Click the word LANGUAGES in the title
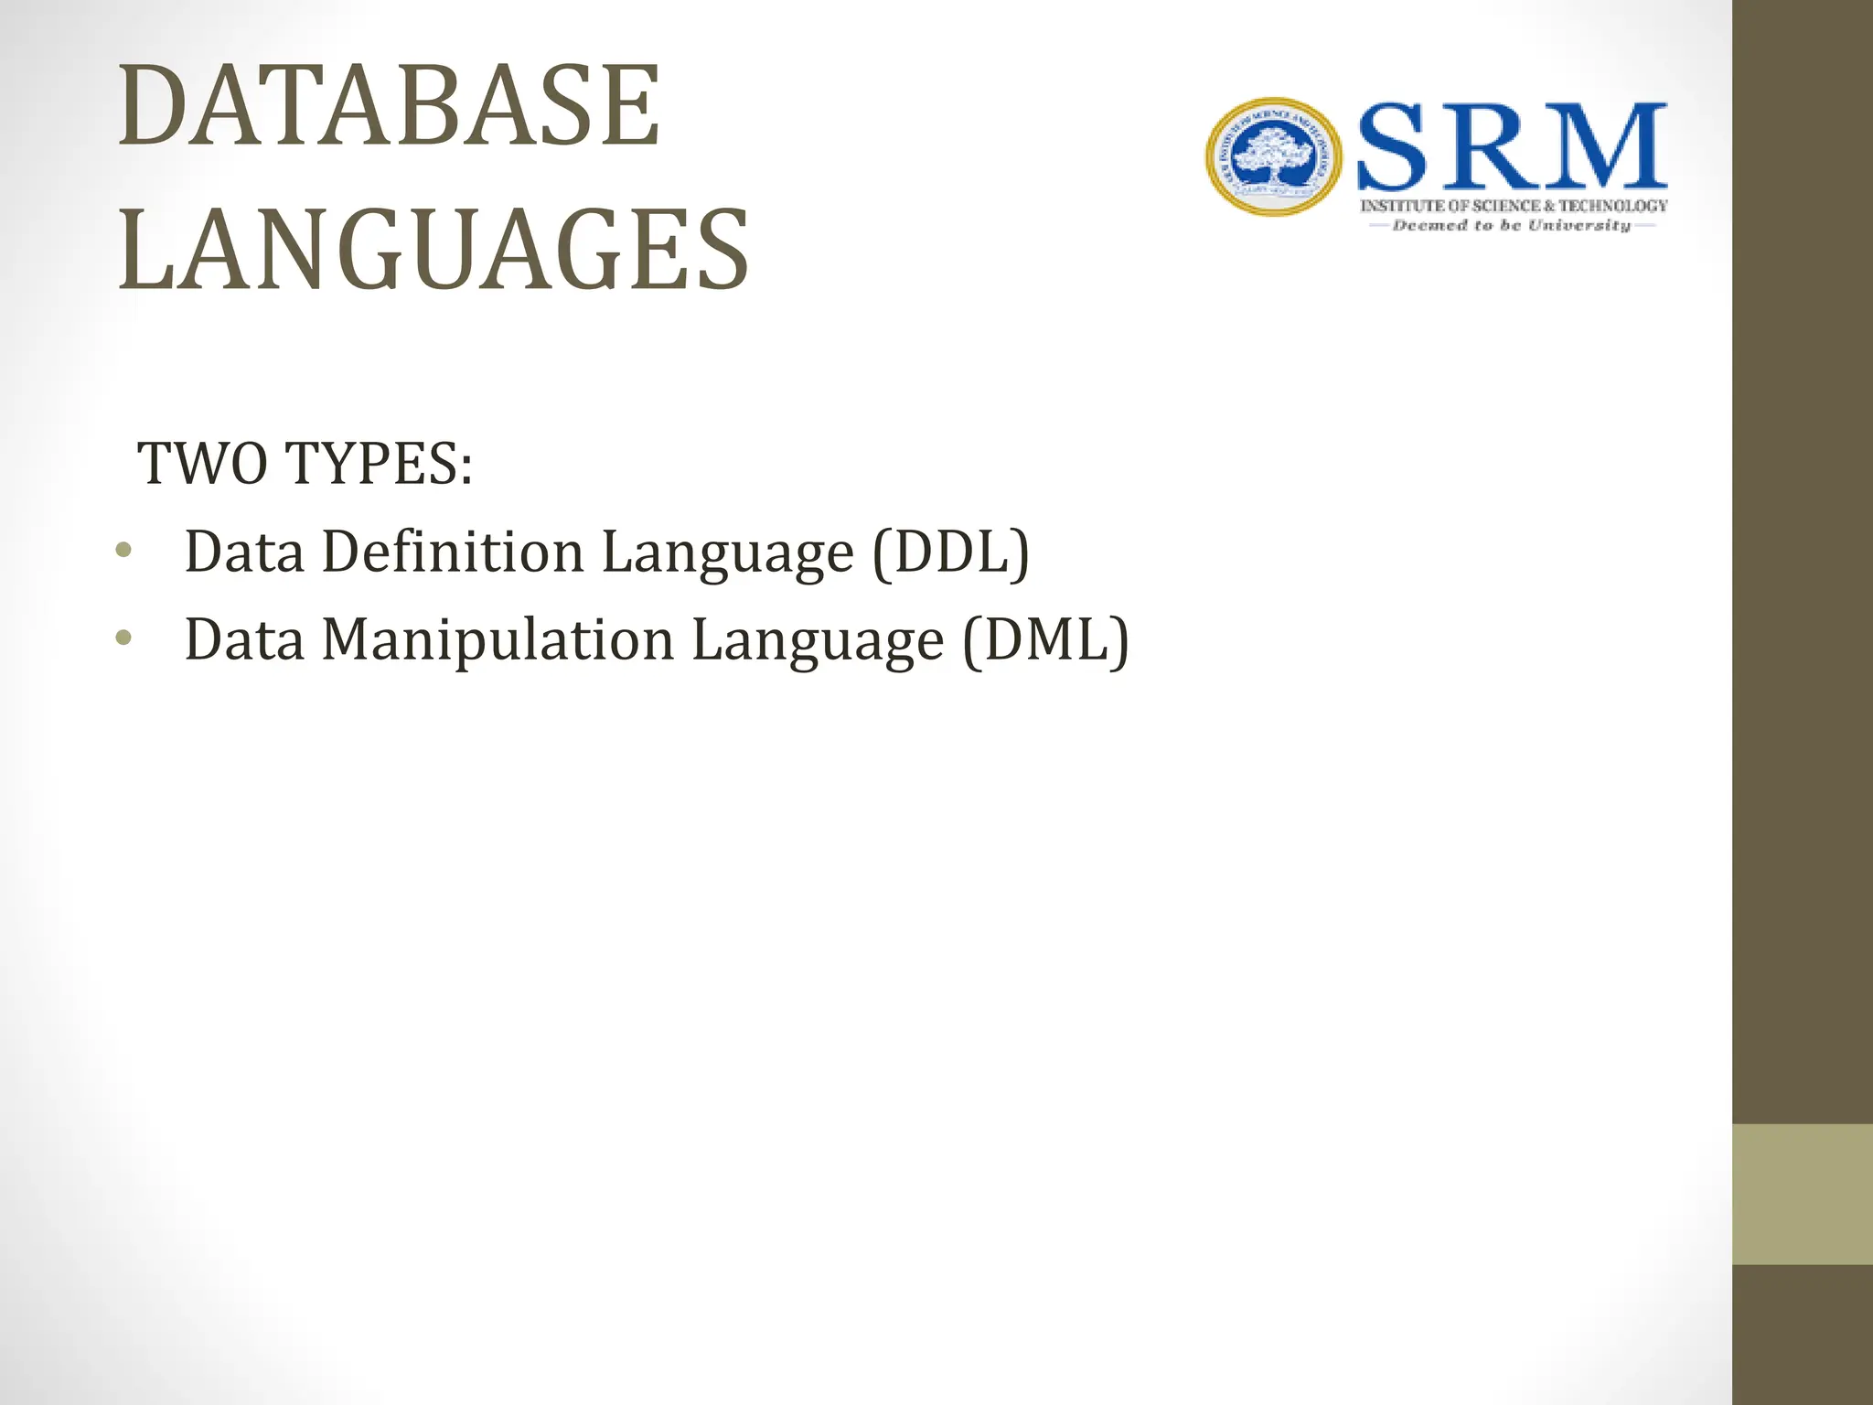(x=433, y=251)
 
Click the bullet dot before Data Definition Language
(x=123, y=551)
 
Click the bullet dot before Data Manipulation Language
(x=123, y=638)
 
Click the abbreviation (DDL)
(x=951, y=552)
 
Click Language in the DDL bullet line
(x=727, y=554)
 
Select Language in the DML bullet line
(x=818, y=641)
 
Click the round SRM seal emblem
(x=1273, y=157)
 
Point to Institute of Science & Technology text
(x=1514, y=206)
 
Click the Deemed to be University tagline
(x=1512, y=225)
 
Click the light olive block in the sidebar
(x=1803, y=1195)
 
